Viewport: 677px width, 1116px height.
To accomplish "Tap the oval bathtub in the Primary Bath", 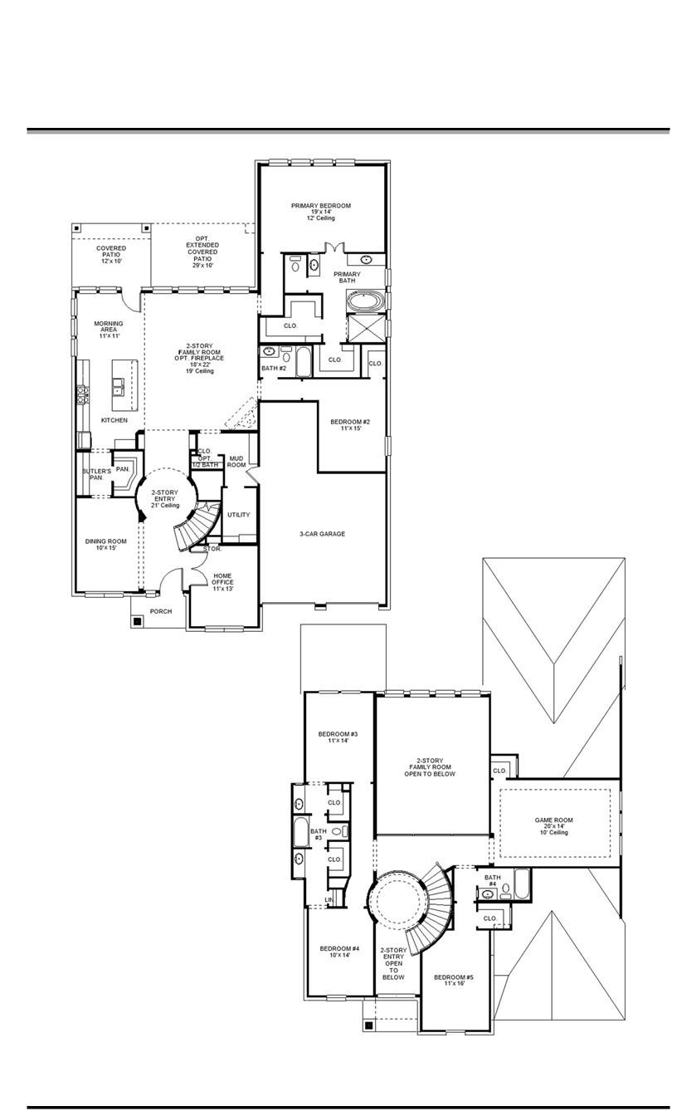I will (363, 301).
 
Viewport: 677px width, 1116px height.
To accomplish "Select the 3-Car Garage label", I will (322, 534).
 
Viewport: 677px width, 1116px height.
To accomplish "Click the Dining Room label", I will (105, 546).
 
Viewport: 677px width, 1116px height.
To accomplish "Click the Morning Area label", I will (108, 329).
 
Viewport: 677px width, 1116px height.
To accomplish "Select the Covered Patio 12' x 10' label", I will (110, 254).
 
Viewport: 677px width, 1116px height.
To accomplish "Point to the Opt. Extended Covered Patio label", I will (202, 252).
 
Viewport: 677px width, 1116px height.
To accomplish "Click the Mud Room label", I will (236, 461).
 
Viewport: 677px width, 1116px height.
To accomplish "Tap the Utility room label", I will (238, 515).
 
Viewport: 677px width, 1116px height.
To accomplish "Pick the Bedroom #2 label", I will (349, 425).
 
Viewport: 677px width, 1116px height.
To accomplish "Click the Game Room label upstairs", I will (553, 825).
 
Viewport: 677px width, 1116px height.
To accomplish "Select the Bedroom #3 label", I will (338, 737).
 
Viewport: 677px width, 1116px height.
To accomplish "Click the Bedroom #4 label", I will (339, 952).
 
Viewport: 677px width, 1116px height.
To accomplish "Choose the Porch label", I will (161, 612).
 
